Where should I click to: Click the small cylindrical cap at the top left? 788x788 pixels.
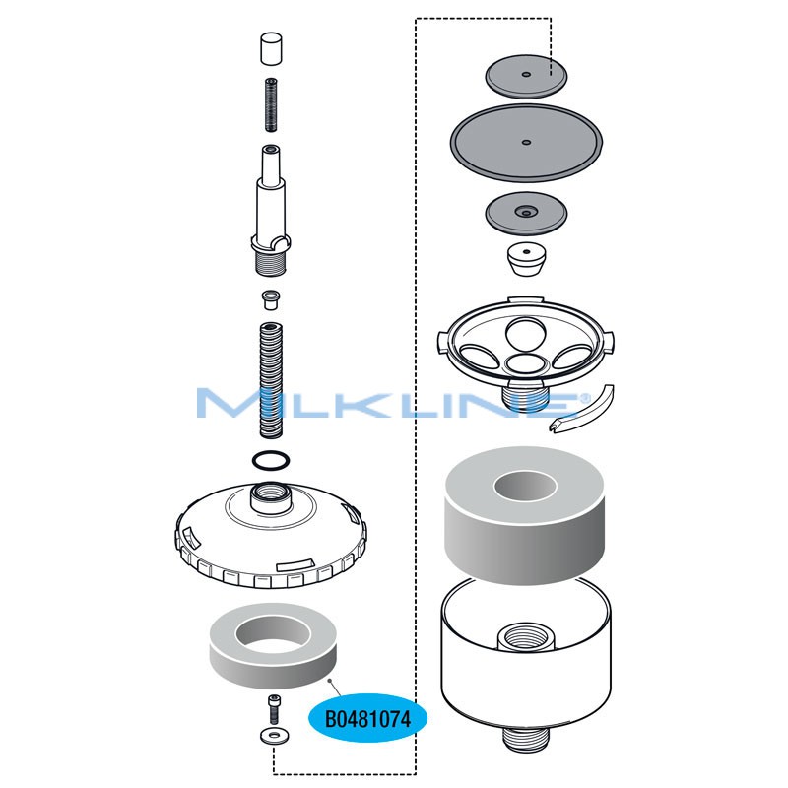tap(271, 48)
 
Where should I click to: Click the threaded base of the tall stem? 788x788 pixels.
tap(271, 264)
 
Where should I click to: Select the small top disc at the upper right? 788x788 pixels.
tap(526, 75)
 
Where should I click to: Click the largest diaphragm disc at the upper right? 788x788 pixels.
tap(525, 142)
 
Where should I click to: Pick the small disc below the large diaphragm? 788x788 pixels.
tap(525, 212)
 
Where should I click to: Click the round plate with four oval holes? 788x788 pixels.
tap(525, 340)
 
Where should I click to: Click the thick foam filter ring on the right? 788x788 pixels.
tap(525, 512)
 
